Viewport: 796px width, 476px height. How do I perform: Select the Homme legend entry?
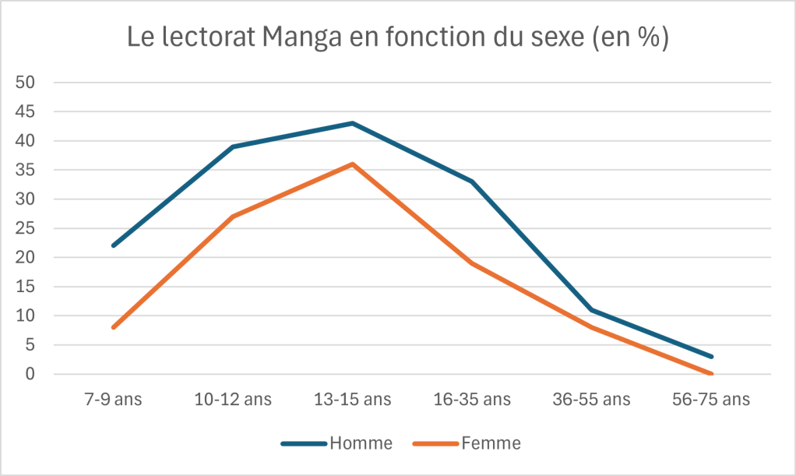361,443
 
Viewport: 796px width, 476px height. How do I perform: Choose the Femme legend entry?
490,443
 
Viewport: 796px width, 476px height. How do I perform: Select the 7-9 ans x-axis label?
114,400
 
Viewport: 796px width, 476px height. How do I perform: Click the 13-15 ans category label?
352,400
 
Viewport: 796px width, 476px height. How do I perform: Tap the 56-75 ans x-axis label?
711,400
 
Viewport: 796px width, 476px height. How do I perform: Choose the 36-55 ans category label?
592,400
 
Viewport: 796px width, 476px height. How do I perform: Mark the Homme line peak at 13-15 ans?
352,123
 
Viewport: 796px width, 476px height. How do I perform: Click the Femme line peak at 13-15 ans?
352,164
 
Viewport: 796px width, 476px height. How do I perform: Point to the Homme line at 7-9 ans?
114,245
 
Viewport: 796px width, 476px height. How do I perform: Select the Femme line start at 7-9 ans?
114,327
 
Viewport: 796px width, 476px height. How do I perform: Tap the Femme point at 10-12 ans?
233,217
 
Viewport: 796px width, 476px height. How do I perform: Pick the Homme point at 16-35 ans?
472,182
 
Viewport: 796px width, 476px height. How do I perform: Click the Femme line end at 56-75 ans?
711,374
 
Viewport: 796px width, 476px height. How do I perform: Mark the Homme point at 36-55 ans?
592,310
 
